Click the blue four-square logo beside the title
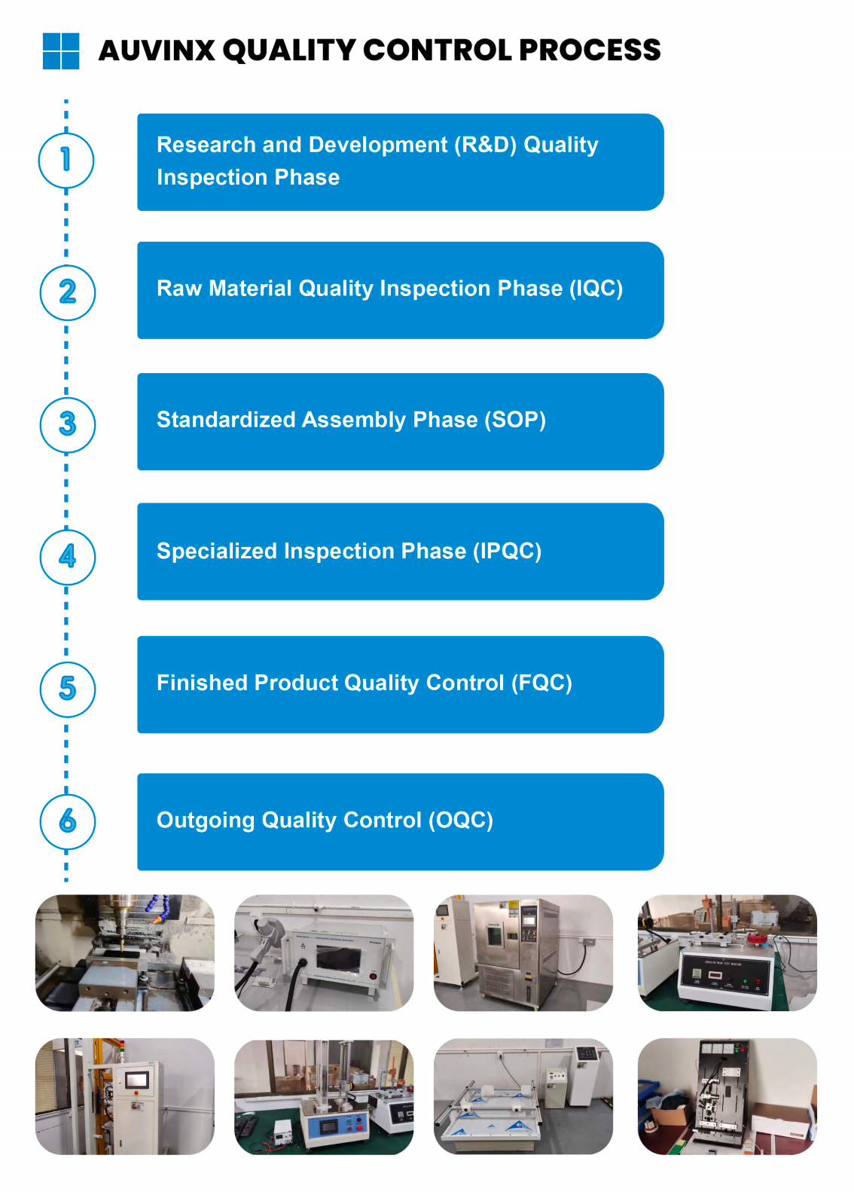(61, 51)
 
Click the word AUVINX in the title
(157, 50)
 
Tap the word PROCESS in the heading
(590, 50)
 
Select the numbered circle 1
(66, 160)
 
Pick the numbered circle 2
(68, 292)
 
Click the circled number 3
(68, 425)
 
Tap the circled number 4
(68, 557)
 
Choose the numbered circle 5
(68, 689)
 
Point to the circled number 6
(68, 821)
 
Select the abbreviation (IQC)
(596, 289)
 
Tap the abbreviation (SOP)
(515, 420)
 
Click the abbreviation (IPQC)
(508, 551)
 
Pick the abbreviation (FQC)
(541, 683)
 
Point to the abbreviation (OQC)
(461, 820)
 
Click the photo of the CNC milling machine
(125, 953)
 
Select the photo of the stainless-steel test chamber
(523, 953)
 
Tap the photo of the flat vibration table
(523, 1096)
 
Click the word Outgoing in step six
(206, 821)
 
